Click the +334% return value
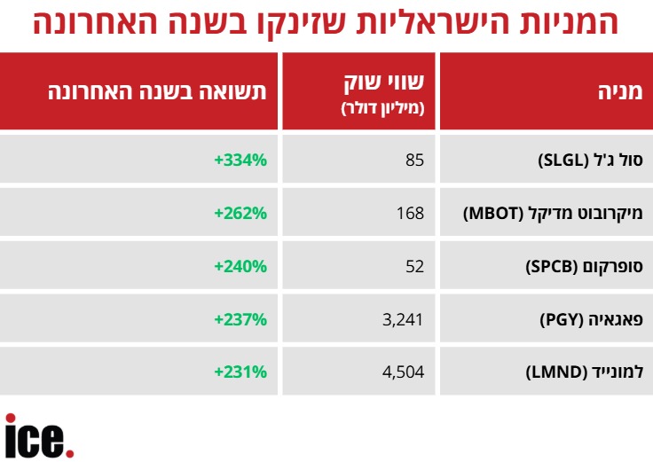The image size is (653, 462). pyautogui.click(x=240, y=161)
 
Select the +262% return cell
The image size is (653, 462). pyautogui.click(x=240, y=213)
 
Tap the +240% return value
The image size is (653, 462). pyautogui.click(x=240, y=266)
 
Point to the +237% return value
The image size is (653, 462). pyautogui.click(x=240, y=319)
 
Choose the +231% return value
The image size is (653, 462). pyautogui.click(x=240, y=372)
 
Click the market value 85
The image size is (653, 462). pyautogui.click(x=415, y=161)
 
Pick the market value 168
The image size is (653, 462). pyautogui.click(x=411, y=213)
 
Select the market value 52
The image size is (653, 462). pyautogui.click(x=414, y=266)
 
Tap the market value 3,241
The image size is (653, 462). pyautogui.click(x=403, y=319)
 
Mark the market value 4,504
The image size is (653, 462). pyautogui.click(x=403, y=372)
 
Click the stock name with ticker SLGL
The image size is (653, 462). pyautogui.click(x=590, y=161)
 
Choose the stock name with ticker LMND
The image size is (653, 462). pyautogui.click(x=582, y=372)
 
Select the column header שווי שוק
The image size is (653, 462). pyautogui.click(x=384, y=85)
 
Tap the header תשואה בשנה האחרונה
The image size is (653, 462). pyautogui.click(x=155, y=90)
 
